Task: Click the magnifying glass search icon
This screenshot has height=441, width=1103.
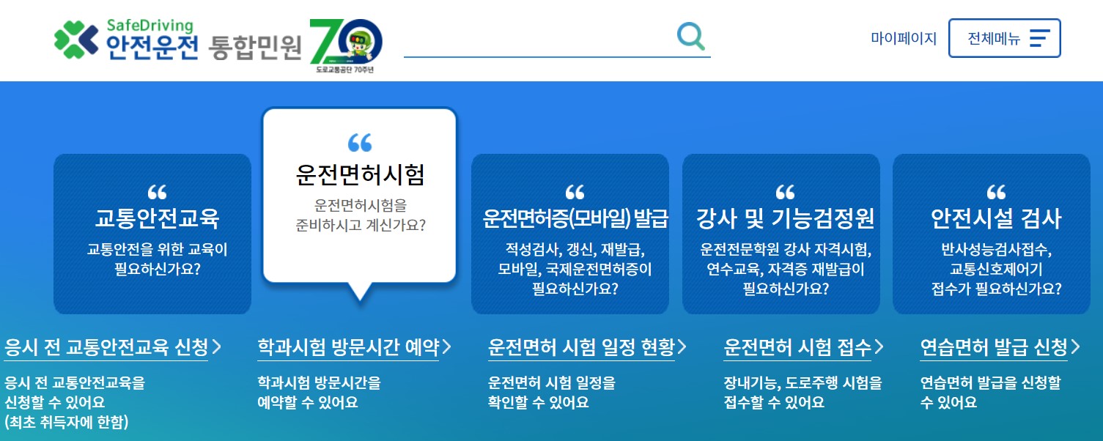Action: (690, 36)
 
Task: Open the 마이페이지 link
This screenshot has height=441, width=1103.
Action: (904, 39)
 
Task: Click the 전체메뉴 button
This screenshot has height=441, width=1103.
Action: (1004, 38)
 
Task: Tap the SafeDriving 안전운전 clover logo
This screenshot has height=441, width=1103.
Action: (76, 39)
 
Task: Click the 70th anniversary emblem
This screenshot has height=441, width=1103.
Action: (345, 45)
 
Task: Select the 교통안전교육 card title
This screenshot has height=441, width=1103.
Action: (157, 218)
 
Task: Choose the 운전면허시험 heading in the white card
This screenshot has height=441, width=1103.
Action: (359, 174)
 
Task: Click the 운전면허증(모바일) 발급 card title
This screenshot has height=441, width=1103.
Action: (575, 218)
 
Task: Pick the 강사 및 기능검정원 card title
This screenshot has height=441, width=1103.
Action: (785, 218)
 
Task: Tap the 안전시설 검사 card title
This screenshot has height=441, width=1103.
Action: (995, 218)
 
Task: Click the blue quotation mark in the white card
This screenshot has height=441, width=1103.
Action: (359, 142)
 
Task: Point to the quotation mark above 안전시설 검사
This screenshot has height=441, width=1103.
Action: (995, 193)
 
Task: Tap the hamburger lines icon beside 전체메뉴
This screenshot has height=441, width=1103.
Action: (1039, 38)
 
